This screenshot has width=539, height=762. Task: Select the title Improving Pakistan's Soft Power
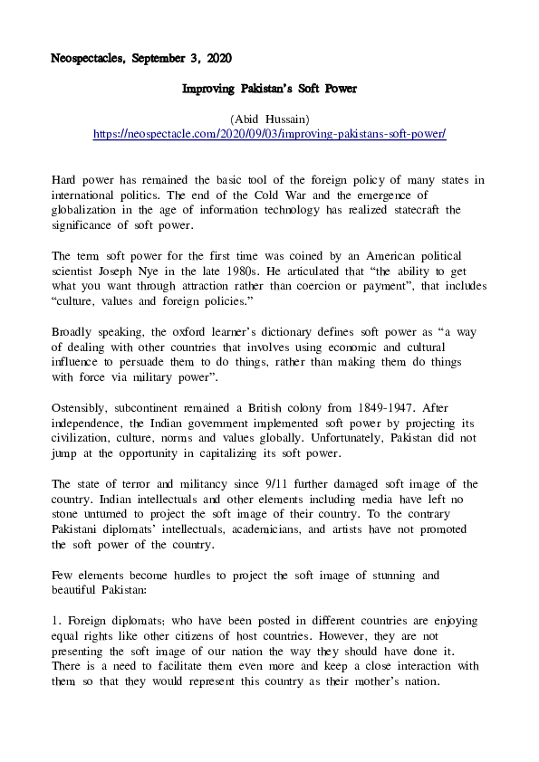click(270, 89)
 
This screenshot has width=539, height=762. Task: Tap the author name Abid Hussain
click(270, 119)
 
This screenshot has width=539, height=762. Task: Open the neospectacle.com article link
click(270, 133)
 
